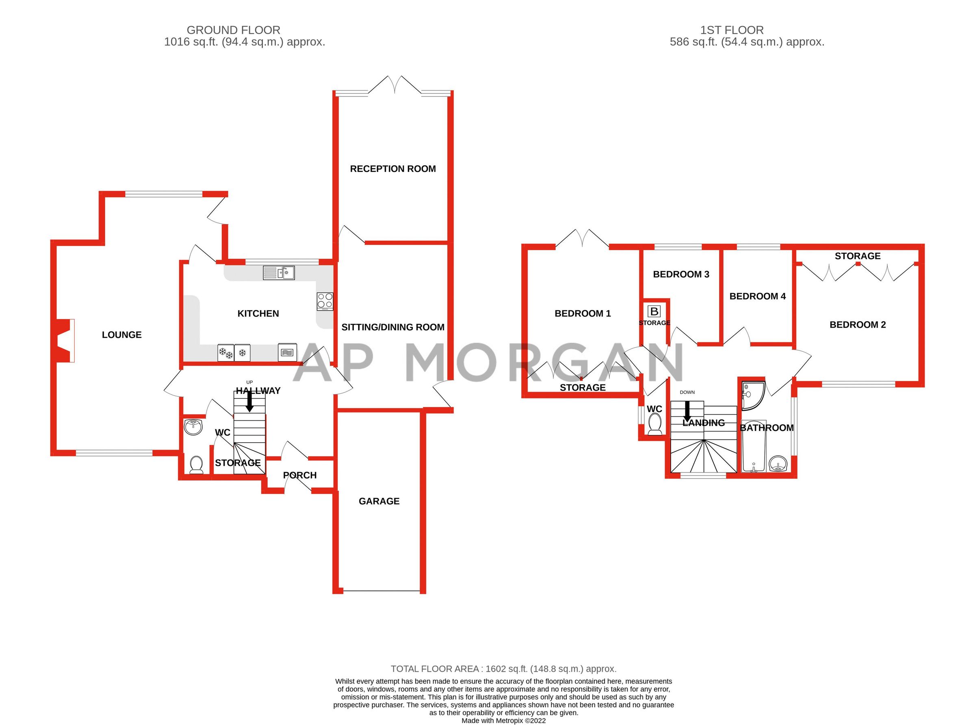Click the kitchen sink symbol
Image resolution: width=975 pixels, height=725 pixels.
click(x=279, y=273)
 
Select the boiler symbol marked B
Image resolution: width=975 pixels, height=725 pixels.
click(x=654, y=312)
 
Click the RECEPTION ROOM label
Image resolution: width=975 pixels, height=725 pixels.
click(x=393, y=169)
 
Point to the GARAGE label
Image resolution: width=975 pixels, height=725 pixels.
click(x=379, y=501)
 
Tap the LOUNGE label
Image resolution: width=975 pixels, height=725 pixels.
click(x=121, y=335)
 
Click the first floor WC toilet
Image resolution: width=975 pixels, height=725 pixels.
click(x=654, y=425)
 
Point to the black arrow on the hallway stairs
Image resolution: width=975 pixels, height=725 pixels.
click(x=249, y=401)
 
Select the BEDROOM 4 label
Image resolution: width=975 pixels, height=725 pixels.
click(x=757, y=296)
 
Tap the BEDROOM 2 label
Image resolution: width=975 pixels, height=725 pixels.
click(x=857, y=325)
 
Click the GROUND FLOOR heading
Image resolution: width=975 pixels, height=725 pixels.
click(x=233, y=30)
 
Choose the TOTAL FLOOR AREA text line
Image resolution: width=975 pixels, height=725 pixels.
click(x=503, y=669)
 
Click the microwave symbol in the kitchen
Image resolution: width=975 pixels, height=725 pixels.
click(x=287, y=352)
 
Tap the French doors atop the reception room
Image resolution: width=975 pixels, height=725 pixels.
click(x=395, y=85)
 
